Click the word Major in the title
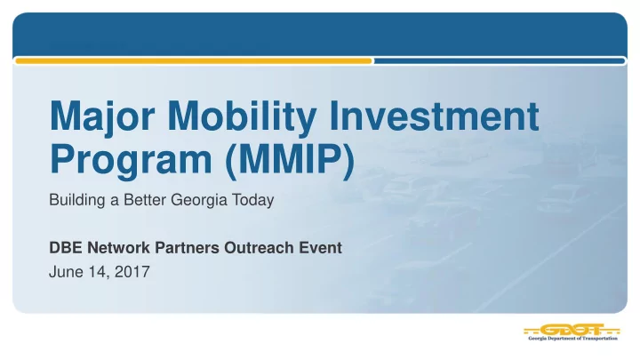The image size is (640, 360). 102,117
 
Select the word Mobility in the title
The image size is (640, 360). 242,117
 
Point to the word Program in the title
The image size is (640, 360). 131,160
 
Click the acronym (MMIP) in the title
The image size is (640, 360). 290,160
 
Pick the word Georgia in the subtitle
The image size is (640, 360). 199,200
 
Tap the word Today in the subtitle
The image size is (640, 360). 253,200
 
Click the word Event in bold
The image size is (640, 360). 320,248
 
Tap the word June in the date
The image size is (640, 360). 66,272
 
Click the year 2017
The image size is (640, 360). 132,272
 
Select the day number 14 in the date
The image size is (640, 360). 100,272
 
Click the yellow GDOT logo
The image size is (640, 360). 572,330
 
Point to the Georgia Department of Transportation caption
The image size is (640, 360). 572,339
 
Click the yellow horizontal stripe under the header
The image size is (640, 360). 194,61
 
